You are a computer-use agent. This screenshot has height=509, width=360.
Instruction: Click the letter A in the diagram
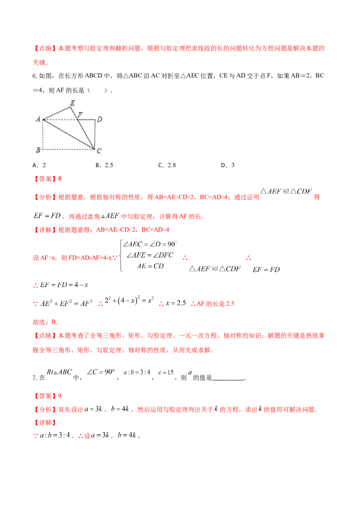tap(38, 119)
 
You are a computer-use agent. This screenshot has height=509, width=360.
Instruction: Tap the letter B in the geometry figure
tap(38, 150)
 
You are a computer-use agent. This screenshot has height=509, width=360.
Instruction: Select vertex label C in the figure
tap(99, 152)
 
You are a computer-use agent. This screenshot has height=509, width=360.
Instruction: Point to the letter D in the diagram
tap(99, 119)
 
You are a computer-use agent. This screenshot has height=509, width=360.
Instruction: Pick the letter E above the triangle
tap(72, 103)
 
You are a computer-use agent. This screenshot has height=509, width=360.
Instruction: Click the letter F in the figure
tap(80, 114)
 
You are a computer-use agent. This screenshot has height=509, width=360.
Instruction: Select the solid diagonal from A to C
tap(67, 134)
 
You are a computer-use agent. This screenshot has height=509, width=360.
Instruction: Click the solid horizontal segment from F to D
tap(87, 120)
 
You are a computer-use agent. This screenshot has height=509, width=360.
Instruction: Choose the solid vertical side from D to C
tap(95, 134)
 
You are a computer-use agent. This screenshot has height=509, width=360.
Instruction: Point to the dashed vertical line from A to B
tap(43, 134)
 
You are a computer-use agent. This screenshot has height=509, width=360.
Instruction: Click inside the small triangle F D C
tap(91, 128)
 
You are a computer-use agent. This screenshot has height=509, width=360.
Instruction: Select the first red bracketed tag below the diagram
tap(45, 179)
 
